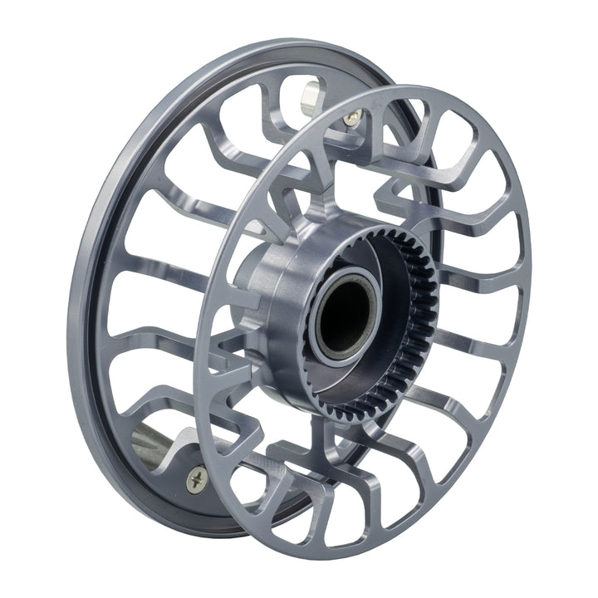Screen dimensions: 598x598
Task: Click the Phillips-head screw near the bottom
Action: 197,478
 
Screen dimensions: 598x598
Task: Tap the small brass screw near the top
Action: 354,117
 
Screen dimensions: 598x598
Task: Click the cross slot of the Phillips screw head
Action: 197,478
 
